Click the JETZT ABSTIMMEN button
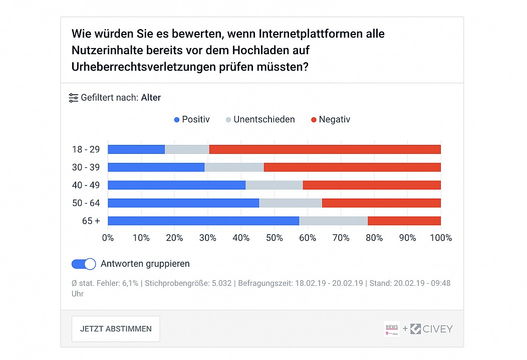116,329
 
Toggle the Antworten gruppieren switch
84,264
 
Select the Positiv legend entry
191,119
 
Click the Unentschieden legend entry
260,119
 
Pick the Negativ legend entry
331,119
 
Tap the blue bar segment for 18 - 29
136,149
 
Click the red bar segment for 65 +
404,221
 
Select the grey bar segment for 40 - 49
274,185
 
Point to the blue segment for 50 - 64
183,203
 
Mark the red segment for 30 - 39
352,167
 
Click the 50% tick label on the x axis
274,238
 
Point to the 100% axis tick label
441,238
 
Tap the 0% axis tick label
108,238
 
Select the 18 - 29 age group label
86,149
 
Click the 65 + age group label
91,221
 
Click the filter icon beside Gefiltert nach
73,98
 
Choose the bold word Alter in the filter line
151,98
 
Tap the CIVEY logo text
438,329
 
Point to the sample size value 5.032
221,283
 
